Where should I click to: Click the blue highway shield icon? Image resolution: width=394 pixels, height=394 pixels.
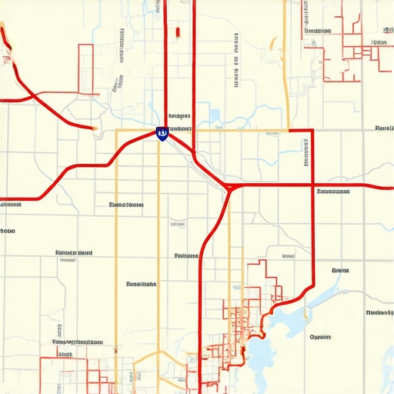[x=162, y=134]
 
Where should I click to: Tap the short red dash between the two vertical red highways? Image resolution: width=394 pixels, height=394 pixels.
[x=178, y=32]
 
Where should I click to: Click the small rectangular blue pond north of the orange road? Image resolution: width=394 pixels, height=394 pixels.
[x=213, y=117]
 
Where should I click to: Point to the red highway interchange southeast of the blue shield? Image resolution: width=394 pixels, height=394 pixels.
[x=229, y=186]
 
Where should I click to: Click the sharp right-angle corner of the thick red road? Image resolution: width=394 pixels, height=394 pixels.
[x=312, y=130]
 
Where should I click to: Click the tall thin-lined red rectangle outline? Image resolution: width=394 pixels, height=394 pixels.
[x=85, y=69]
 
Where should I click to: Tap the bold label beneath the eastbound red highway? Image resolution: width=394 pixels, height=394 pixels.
[x=332, y=191]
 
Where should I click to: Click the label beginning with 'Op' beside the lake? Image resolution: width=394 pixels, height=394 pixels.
[x=319, y=336]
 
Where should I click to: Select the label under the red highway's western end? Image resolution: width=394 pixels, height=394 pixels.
[x=10, y=205]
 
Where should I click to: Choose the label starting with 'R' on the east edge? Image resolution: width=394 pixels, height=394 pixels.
[x=382, y=128]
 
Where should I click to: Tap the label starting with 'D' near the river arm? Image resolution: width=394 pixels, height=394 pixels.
[x=339, y=271]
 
